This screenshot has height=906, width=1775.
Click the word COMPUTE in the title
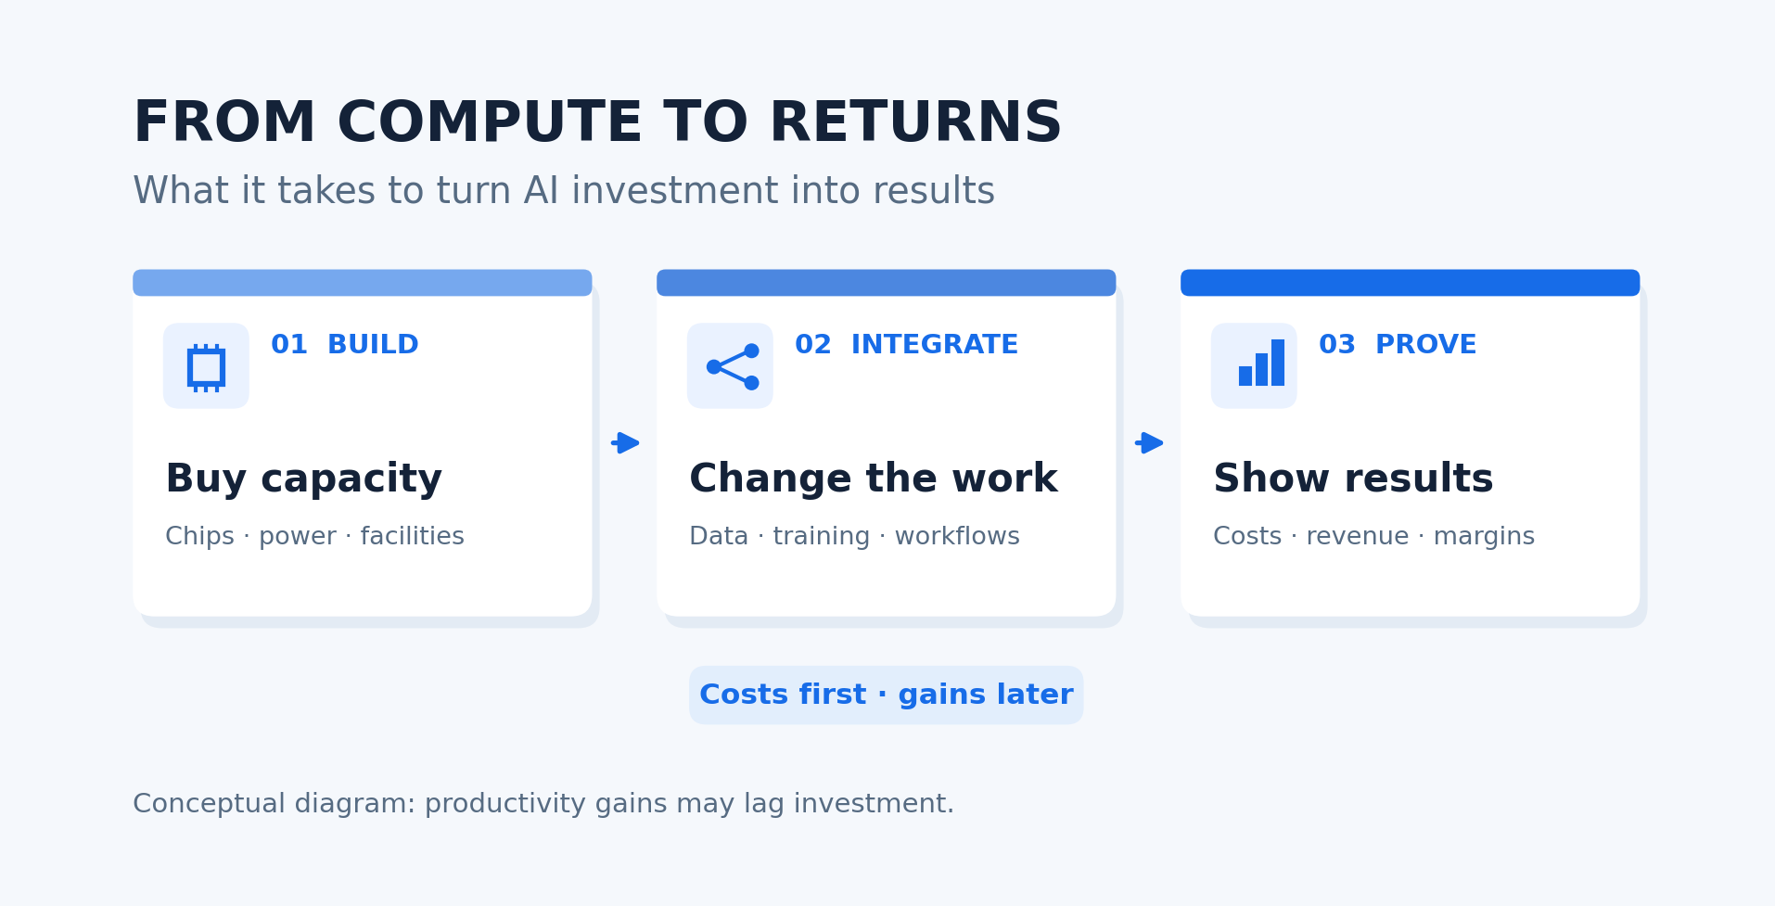490,123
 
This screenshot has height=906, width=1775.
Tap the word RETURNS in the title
915,123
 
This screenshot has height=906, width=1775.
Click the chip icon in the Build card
206,367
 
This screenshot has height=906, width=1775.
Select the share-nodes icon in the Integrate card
732,366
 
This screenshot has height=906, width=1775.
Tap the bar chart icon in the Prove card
1261,363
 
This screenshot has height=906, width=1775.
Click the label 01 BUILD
345,345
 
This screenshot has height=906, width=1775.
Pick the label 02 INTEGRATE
906,345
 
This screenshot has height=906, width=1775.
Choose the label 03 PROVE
1398,345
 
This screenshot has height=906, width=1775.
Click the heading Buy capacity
303,479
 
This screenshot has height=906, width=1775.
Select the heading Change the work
874,479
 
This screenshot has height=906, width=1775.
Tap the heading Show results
1353,479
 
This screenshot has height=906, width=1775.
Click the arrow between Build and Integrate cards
625,443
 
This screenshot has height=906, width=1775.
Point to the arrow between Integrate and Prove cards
1149,443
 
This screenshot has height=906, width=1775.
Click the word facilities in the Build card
412,536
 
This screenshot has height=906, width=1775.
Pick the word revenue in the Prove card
1358,537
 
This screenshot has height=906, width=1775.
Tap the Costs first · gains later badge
886,695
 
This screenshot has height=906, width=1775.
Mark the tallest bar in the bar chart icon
1278,363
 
